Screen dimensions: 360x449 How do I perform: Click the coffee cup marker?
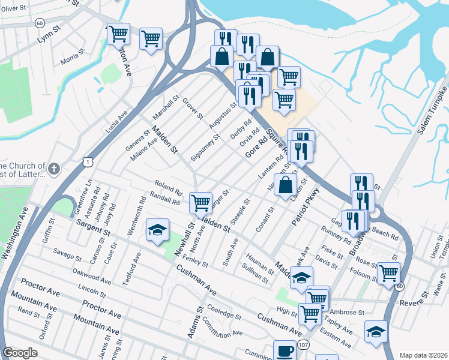click(285, 350)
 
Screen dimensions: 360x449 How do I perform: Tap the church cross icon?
click(54, 169)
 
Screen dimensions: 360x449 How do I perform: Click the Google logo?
click(20, 353)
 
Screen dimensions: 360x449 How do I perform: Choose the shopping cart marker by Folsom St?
click(388, 273)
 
